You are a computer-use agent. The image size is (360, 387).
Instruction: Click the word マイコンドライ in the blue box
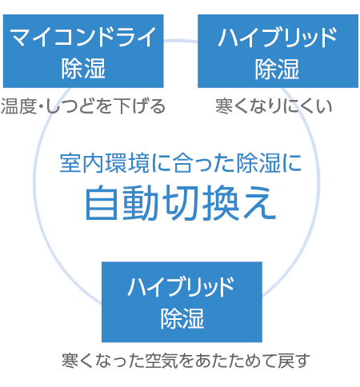[83, 37]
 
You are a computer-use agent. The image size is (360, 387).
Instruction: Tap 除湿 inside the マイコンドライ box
[83, 69]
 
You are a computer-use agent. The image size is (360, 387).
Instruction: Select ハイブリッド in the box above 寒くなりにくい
[278, 38]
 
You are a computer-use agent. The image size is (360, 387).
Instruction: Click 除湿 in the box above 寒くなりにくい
[277, 69]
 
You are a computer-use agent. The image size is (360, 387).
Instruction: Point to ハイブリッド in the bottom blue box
[181, 287]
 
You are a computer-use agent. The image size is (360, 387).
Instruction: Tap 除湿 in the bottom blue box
[182, 318]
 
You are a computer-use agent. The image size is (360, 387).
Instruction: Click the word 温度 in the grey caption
[18, 106]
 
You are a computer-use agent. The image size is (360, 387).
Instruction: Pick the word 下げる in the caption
[139, 106]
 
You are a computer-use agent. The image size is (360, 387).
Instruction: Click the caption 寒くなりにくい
[274, 106]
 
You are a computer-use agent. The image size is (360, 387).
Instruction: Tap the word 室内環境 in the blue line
[105, 163]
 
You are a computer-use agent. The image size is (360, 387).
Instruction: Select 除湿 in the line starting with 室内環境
[258, 163]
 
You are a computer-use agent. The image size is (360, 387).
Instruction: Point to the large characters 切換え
[219, 202]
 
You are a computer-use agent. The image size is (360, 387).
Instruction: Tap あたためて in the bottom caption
[234, 361]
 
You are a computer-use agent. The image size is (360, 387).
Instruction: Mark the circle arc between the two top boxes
[181, 41]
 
